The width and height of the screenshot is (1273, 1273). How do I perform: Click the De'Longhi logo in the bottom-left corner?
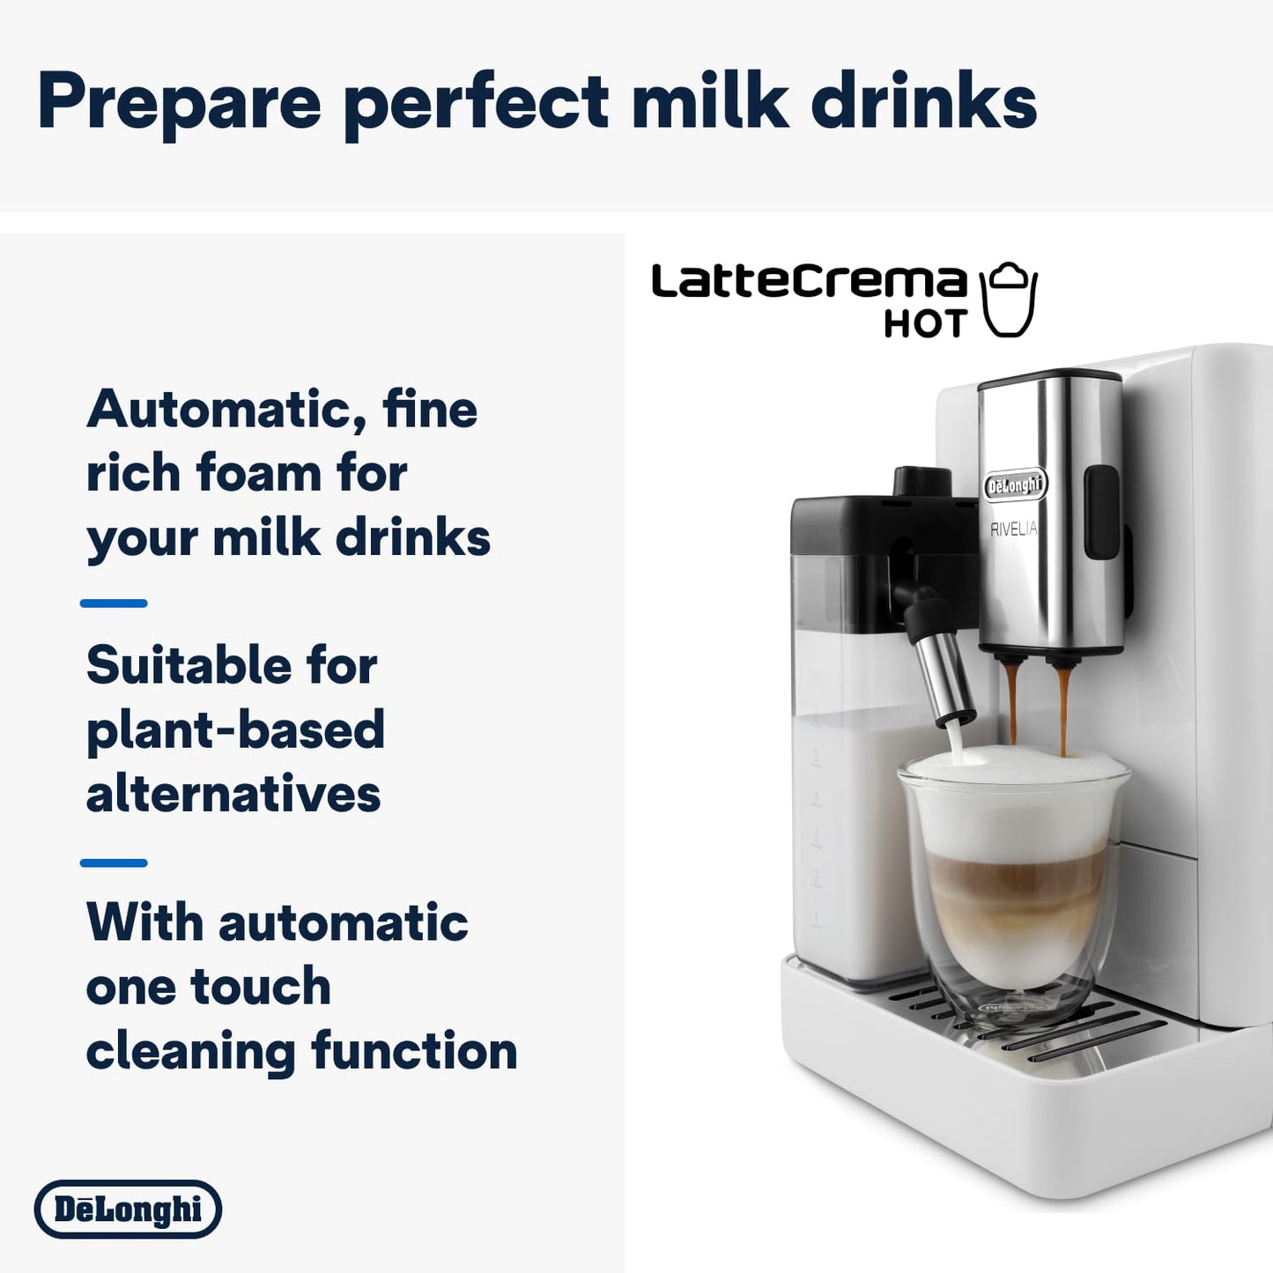click(129, 1209)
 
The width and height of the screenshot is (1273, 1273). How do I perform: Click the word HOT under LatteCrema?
click(925, 324)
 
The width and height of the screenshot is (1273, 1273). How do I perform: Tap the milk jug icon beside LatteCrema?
click(1010, 300)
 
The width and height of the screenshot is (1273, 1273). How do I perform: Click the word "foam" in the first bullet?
click(259, 473)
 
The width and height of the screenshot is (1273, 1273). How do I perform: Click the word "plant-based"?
click(235, 729)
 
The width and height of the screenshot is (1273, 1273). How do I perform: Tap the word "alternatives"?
click(233, 794)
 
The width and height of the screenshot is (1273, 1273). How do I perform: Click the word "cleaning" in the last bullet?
click(190, 1051)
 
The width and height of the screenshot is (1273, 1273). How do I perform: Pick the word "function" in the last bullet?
click(414, 1051)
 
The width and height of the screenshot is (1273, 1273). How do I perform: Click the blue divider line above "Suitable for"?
click(114, 603)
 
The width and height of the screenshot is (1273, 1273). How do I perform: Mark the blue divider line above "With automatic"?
click(114, 862)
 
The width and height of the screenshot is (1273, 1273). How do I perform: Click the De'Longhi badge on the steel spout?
click(1015, 485)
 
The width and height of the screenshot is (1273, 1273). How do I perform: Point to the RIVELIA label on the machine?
click(1014, 529)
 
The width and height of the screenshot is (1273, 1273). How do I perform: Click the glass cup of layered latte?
click(1013, 890)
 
